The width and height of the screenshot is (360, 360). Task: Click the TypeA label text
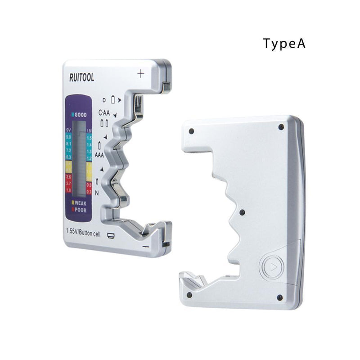[284, 44]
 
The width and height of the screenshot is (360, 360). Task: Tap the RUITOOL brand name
[81, 78]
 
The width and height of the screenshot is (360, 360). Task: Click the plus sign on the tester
[141, 73]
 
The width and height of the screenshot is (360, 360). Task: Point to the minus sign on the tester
[145, 247]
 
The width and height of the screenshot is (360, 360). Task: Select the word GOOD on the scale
[80, 114]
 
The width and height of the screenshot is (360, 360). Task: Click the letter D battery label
[104, 100]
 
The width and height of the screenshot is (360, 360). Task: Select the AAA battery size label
[99, 155]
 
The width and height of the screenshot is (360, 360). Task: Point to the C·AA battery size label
[104, 112]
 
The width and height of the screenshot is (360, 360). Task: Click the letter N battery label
[97, 192]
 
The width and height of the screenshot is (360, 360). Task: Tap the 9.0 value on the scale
[68, 137]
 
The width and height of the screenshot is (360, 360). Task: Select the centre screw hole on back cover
[242, 212]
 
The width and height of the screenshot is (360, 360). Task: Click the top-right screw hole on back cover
[281, 127]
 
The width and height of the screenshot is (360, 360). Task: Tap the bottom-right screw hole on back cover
[279, 297]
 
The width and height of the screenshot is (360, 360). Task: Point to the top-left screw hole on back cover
[191, 131]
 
